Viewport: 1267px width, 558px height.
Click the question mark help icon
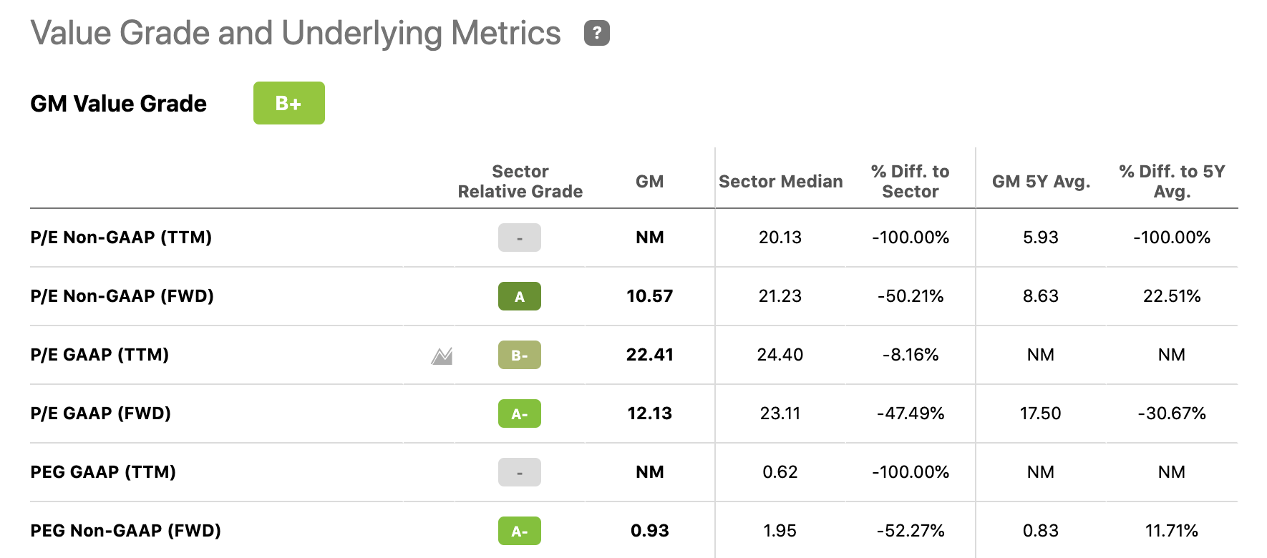point(596,33)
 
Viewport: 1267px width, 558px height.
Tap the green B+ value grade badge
point(288,103)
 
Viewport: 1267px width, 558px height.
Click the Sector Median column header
point(780,182)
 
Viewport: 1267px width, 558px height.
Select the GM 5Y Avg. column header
point(1041,182)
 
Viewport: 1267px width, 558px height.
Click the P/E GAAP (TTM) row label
point(99,355)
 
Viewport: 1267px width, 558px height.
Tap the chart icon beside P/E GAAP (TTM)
point(442,356)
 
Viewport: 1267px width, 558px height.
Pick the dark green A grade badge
point(519,296)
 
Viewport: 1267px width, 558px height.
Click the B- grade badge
point(519,355)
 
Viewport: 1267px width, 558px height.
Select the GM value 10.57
point(649,296)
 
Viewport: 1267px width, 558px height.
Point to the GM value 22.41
point(649,355)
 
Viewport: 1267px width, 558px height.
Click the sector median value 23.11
point(780,413)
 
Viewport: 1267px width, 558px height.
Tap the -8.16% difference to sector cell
point(910,355)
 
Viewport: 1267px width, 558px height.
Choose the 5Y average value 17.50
point(1040,413)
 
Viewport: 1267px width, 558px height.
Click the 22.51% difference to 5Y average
point(1171,296)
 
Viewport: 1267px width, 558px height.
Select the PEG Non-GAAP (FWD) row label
point(125,531)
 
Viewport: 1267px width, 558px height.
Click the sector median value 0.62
point(780,472)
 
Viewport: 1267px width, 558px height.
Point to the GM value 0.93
point(649,531)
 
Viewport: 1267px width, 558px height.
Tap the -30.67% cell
point(1171,413)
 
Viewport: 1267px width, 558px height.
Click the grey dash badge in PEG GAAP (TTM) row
point(519,472)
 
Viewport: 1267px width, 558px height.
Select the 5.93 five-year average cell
point(1040,238)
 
